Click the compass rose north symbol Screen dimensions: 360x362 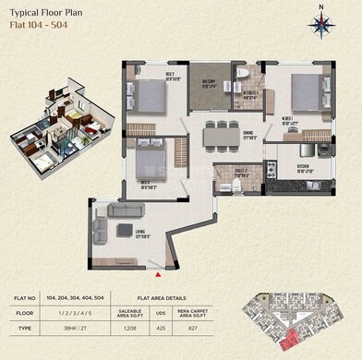[321, 23]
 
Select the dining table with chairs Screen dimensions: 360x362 [221, 135]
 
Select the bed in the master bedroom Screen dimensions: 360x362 [306, 91]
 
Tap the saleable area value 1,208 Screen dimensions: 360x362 [156, 328]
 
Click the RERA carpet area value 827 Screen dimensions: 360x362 [218, 328]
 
